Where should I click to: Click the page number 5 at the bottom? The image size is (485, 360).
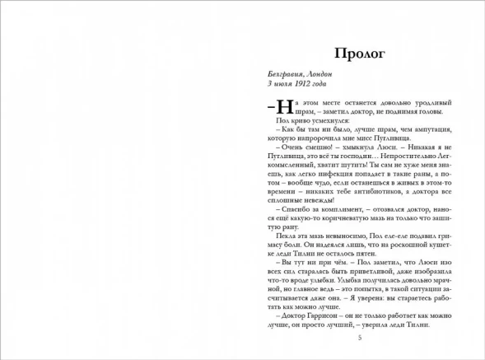coord(358,338)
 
